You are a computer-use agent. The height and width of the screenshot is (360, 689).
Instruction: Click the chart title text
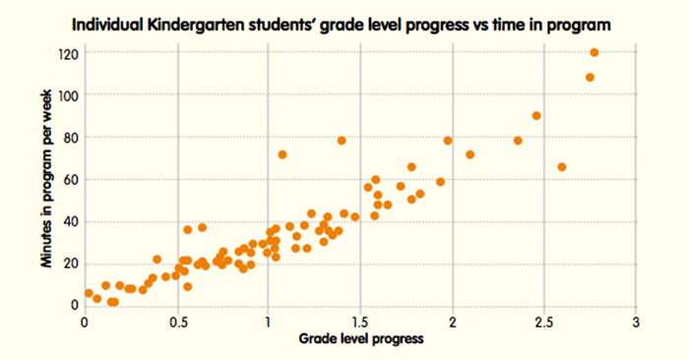tap(344, 22)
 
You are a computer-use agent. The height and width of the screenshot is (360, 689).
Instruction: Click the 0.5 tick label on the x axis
tap(177, 322)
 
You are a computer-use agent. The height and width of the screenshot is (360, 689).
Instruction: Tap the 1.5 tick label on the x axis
tap(361, 322)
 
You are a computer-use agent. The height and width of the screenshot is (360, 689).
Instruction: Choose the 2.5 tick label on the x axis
tap(544, 322)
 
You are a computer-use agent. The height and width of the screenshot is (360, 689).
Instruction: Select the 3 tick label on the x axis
tap(637, 322)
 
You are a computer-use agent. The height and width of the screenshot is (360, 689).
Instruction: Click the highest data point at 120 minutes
tap(595, 52)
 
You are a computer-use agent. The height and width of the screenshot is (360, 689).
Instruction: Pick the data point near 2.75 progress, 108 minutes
tap(590, 78)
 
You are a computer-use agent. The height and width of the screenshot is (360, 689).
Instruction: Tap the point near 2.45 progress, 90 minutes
tap(536, 115)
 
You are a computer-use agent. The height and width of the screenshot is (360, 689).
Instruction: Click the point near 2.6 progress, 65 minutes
tap(562, 167)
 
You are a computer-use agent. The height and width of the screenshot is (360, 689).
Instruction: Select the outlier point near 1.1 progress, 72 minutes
tap(282, 154)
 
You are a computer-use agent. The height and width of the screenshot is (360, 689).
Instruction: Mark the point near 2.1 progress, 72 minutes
tap(470, 154)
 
